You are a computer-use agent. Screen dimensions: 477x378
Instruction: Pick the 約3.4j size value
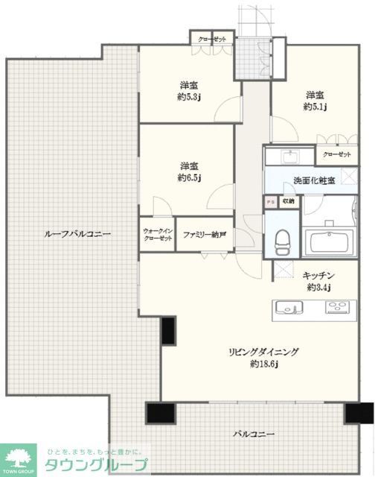(319, 287)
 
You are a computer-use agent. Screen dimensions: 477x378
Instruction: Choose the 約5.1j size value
(315, 107)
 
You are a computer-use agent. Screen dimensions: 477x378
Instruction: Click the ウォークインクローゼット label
(157, 235)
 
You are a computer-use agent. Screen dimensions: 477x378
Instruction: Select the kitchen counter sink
(288, 307)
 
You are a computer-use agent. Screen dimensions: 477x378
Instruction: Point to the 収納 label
(288, 200)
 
